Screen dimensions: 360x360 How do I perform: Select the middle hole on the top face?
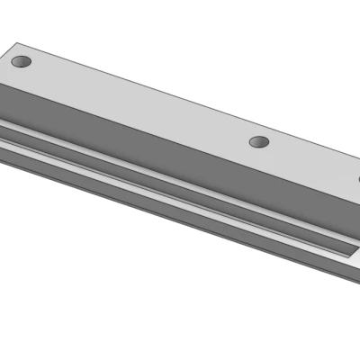pyautogui.click(x=259, y=142)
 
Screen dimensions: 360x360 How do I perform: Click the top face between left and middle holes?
pyautogui.click(x=135, y=102)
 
